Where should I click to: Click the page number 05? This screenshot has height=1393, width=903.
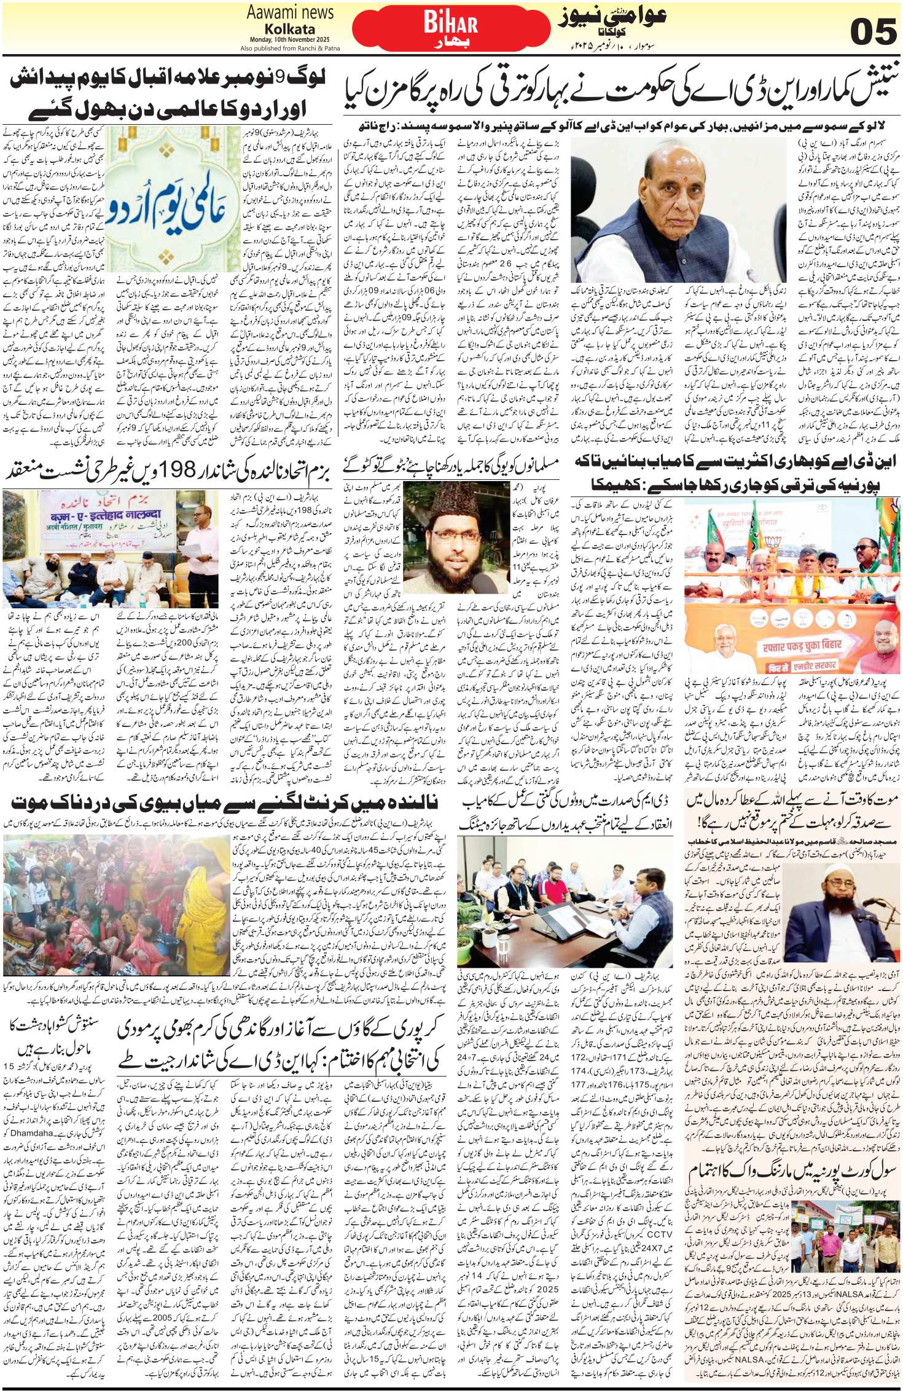tap(867, 31)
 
